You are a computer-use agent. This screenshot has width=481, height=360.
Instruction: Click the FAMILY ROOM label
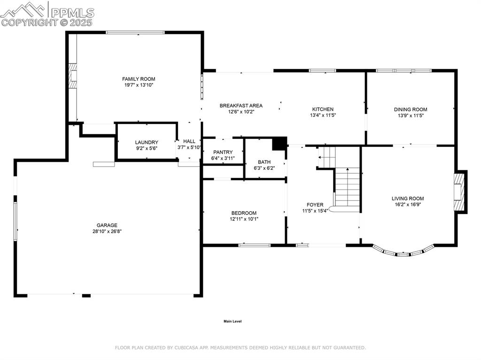click(x=139, y=79)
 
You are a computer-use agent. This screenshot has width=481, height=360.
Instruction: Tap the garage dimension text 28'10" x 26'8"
click(x=108, y=231)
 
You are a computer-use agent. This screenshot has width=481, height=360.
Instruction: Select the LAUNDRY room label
click(x=147, y=142)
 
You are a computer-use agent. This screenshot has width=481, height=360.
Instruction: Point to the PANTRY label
click(x=223, y=152)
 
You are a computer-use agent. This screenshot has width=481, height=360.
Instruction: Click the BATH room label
click(x=264, y=162)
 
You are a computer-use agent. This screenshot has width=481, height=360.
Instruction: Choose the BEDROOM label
click(x=243, y=213)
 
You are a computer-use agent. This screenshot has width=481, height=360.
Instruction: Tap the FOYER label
click(x=315, y=205)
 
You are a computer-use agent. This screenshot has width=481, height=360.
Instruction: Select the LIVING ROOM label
click(x=408, y=199)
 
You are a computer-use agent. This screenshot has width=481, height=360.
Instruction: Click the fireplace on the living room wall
click(x=460, y=192)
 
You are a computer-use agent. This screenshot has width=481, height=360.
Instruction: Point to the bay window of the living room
click(x=403, y=253)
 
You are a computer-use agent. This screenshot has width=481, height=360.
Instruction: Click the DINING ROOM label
click(x=410, y=109)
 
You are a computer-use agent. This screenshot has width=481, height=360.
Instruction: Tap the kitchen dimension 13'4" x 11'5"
click(x=323, y=115)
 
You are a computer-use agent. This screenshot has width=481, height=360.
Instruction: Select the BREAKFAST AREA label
click(x=241, y=106)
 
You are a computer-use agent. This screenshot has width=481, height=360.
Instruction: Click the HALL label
click(x=189, y=141)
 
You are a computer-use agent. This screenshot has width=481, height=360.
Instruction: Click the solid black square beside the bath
click(x=279, y=144)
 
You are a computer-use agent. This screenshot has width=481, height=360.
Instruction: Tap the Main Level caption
click(x=232, y=322)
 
